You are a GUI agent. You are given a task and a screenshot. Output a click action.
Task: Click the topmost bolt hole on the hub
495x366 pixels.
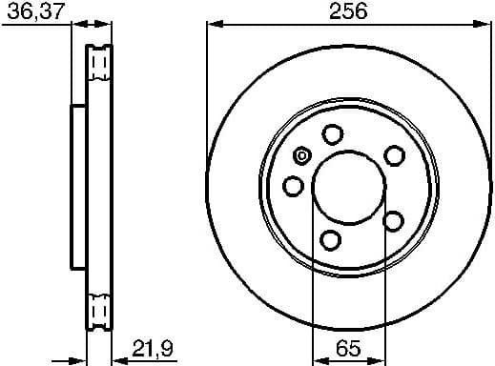click(x=332, y=134)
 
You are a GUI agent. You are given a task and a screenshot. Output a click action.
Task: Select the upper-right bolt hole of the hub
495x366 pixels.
click(x=392, y=153)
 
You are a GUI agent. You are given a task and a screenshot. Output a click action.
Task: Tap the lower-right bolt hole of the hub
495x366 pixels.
click(x=392, y=220)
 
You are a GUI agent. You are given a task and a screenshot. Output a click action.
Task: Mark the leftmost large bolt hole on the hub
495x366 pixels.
click(x=295, y=185)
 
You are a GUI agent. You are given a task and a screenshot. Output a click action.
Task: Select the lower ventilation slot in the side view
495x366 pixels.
click(x=99, y=310)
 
